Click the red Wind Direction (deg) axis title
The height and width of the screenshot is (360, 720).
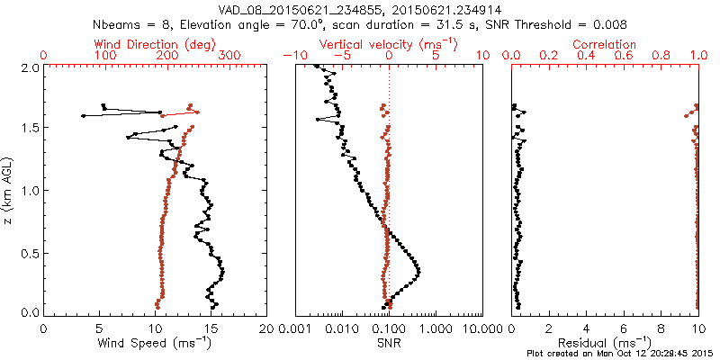coord(155,44)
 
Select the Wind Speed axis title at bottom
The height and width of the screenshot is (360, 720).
coord(155,343)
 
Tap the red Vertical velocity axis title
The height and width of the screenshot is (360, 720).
coord(388,44)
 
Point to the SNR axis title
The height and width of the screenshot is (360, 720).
coord(388,343)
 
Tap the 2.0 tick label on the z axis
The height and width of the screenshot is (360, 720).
coord(30,67)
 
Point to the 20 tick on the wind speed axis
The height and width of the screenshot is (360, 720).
coord(266,328)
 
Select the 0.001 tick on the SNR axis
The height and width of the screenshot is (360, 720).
coord(295,328)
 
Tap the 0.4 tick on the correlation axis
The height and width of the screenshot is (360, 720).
coord(587,56)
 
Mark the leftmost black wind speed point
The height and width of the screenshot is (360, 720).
coord(84,115)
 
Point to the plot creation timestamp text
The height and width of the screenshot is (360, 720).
coord(620,354)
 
